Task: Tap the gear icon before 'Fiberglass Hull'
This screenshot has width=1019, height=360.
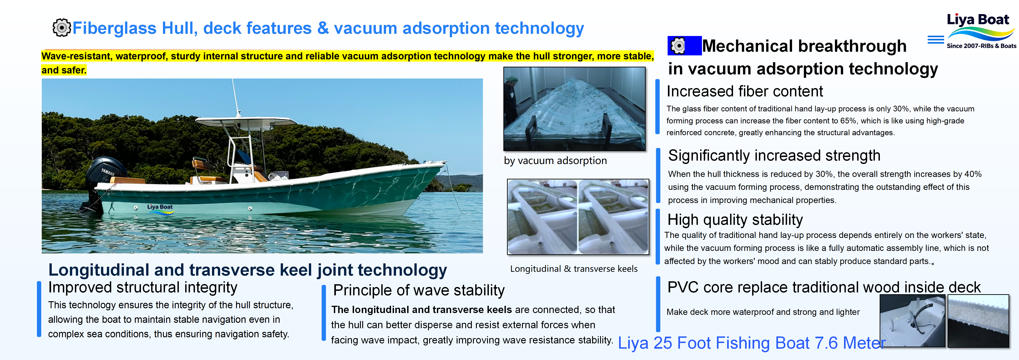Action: click(61, 28)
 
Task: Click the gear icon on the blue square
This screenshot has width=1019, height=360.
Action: click(678, 46)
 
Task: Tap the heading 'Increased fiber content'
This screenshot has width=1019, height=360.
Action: click(744, 91)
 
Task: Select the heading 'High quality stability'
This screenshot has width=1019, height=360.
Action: click(735, 220)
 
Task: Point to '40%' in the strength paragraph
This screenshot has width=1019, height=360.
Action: click(973, 174)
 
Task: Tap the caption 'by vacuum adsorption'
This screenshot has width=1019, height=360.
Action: click(555, 161)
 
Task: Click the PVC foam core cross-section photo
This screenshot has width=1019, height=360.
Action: click(978, 321)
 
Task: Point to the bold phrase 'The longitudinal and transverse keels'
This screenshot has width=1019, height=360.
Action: click(421, 310)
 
